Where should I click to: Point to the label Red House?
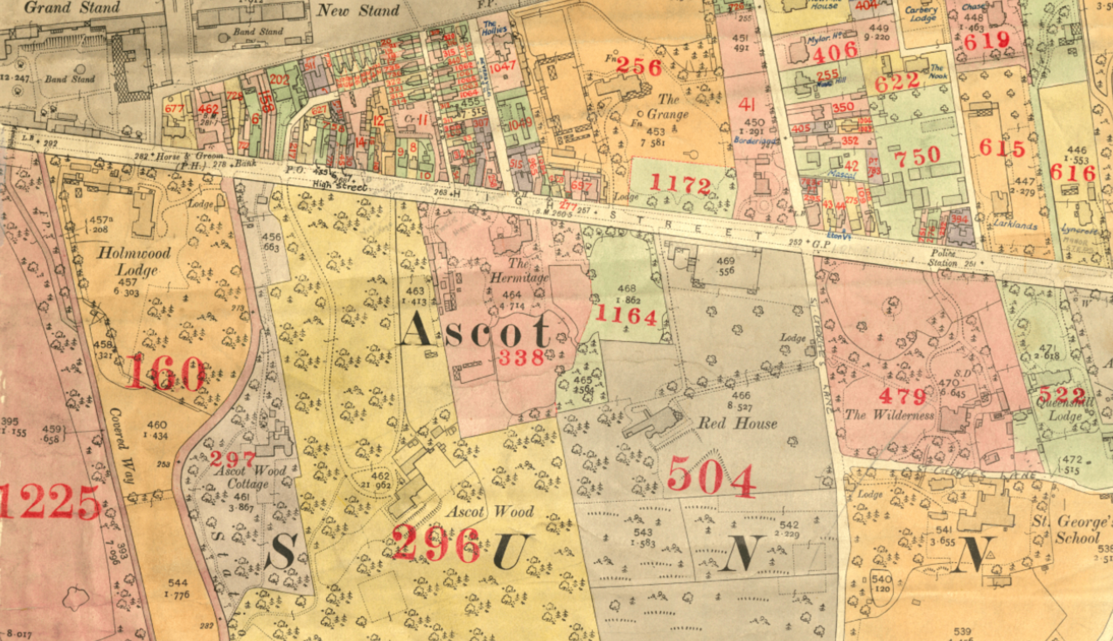click(738, 424)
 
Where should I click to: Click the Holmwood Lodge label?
click(134, 261)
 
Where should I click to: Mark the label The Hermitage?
click(519, 271)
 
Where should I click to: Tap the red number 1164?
click(626, 316)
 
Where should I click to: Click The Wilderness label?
click(889, 415)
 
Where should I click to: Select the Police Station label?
click(943, 258)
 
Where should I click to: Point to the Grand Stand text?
click(72, 7)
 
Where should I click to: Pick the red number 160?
click(165, 373)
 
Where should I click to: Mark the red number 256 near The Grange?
click(639, 67)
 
